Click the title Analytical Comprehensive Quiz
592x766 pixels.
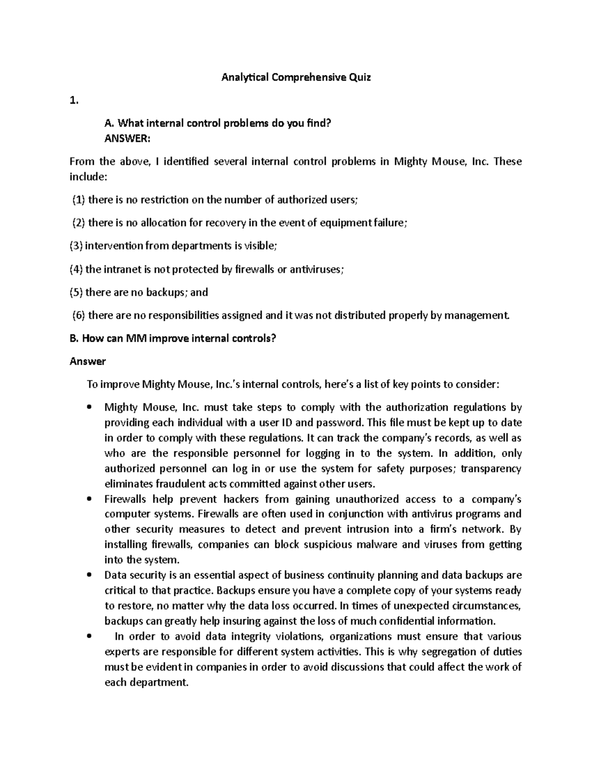point(296,77)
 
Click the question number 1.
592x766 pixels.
point(74,101)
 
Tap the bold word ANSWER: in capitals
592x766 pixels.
point(125,139)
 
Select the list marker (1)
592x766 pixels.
point(78,200)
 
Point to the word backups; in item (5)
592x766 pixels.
point(166,292)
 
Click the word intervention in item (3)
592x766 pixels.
point(110,246)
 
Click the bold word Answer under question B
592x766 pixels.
point(87,362)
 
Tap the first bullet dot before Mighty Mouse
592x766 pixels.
point(89,408)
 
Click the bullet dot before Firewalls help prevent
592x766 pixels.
point(89,499)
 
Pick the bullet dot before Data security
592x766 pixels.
point(89,576)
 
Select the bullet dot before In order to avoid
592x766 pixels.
point(89,637)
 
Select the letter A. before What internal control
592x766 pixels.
point(109,123)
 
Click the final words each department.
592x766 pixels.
point(147,683)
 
